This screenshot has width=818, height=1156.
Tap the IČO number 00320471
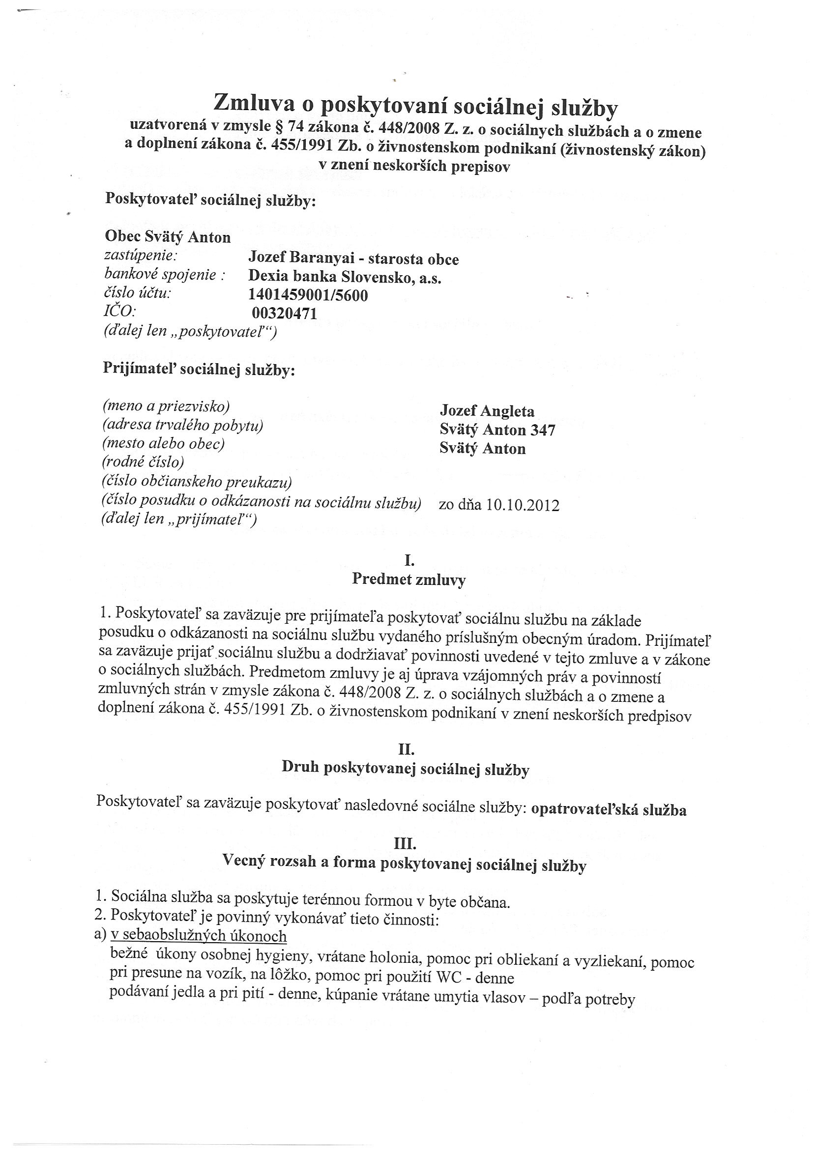(x=284, y=313)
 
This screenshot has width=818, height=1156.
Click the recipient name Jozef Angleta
(x=487, y=411)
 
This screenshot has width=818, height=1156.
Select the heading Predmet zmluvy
(x=409, y=579)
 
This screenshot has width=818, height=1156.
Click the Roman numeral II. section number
(x=407, y=750)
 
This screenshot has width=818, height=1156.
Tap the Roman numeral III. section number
(x=406, y=843)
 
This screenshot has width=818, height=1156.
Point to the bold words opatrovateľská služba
(x=609, y=810)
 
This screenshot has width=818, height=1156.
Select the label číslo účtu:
(x=138, y=293)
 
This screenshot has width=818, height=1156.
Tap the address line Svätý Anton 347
(x=497, y=430)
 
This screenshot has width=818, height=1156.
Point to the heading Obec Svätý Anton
(x=168, y=236)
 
